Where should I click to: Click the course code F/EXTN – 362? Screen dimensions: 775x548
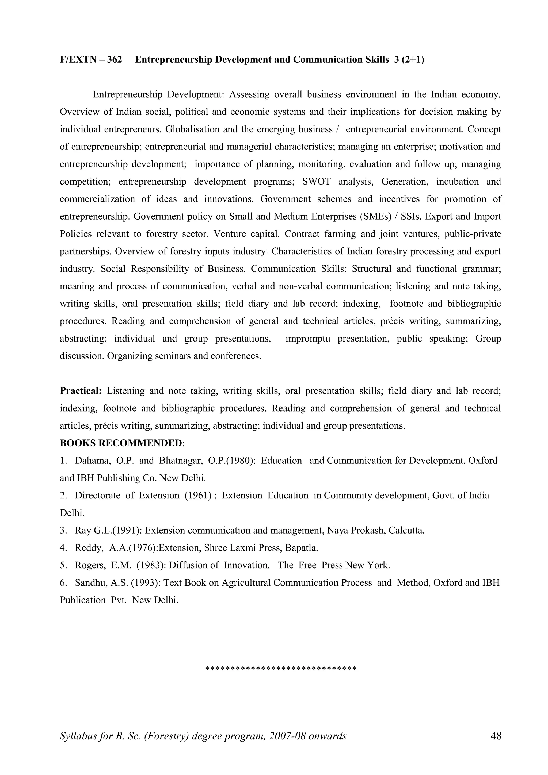tap(91, 60)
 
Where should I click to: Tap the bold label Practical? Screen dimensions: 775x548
tap(81, 391)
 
